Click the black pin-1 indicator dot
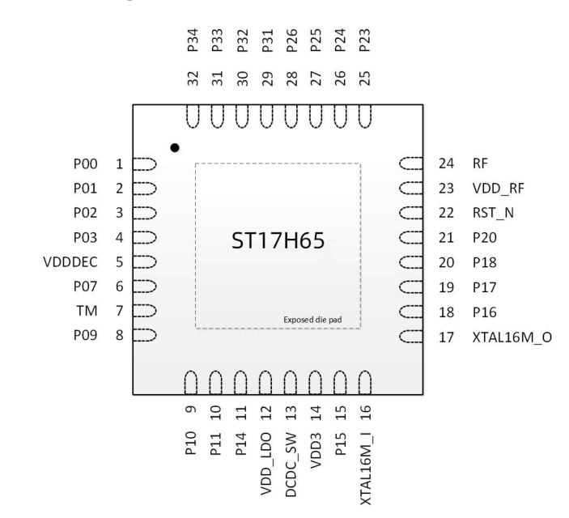[x=175, y=148]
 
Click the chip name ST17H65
[x=278, y=240]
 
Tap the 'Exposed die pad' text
[x=312, y=320]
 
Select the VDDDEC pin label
[x=70, y=262]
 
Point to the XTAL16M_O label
[x=512, y=338]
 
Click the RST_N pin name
[x=493, y=213]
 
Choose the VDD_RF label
[x=499, y=189]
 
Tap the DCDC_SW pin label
[x=291, y=465]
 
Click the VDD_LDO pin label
[x=266, y=464]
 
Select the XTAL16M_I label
[x=366, y=469]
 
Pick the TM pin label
[x=87, y=311]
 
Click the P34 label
[x=193, y=40]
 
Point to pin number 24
[x=446, y=163]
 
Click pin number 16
[x=365, y=413]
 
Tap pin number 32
[x=193, y=79]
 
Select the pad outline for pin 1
[x=144, y=164]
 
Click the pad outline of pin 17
[x=411, y=337]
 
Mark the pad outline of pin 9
[x=191, y=383]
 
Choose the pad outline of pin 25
[x=365, y=117]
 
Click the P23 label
[x=365, y=40]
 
